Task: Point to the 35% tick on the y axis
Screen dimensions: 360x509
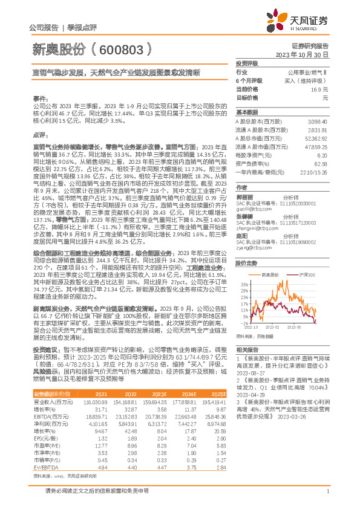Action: pos(244,283)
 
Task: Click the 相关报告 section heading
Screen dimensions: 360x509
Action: pos(248,367)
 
